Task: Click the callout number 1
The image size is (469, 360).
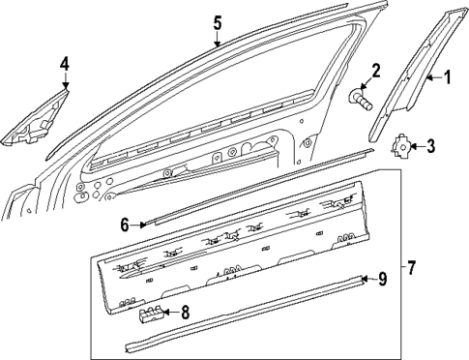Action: (x=448, y=77)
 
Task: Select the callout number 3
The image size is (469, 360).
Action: (x=431, y=147)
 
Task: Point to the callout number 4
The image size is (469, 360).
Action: (x=64, y=64)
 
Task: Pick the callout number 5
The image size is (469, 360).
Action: (x=218, y=22)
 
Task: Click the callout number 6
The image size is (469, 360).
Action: (x=125, y=225)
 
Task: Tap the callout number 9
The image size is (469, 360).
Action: (x=383, y=280)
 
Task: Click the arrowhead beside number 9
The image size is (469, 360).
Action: (x=365, y=280)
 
